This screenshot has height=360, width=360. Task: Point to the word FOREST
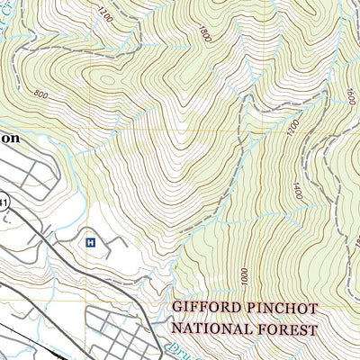click(x=287, y=329)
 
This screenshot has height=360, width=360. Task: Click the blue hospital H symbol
click(x=90, y=242)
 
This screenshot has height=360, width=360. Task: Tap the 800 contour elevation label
click(x=39, y=94)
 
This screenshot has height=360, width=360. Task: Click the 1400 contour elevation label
click(x=297, y=191)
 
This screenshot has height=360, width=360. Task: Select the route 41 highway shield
click(x=4, y=204)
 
